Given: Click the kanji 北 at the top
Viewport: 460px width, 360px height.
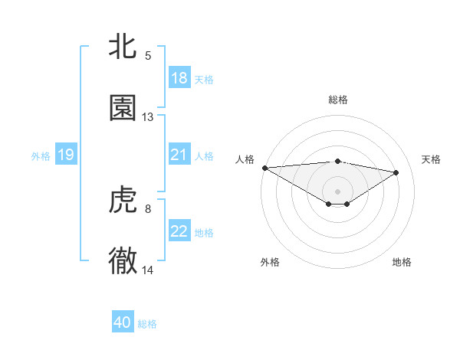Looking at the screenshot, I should [x=123, y=47].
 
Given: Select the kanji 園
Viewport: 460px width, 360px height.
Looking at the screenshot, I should [x=123, y=108].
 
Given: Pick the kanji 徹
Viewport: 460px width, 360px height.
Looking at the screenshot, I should [x=123, y=261].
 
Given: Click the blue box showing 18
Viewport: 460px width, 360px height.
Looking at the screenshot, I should [x=179, y=78].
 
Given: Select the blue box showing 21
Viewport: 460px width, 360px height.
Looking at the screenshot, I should [x=179, y=155].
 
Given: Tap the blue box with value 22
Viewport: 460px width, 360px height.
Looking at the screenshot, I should [x=179, y=231].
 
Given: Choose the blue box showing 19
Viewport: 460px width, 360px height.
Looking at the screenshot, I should [x=65, y=155].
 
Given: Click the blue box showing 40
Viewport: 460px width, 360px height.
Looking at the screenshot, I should [x=123, y=322].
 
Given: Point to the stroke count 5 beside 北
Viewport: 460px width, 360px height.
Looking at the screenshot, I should [x=148, y=56].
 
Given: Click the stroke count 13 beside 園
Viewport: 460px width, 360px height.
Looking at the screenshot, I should [x=148, y=117].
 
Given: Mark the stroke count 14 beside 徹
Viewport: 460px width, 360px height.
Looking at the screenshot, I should [x=148, y=270].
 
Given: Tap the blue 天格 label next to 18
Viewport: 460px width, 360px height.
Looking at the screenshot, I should [x=204, y=79].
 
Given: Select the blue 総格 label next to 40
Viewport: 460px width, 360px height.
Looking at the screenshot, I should [x=147, y=324].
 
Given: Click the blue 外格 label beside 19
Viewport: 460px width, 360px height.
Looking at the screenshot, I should [x=41, y=155].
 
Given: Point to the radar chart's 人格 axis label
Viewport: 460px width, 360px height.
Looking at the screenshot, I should [x=245, y=159].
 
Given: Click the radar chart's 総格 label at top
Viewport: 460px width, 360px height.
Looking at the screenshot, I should [x=338, y=100].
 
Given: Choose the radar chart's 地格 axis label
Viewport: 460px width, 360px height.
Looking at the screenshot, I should [x=402, y=262].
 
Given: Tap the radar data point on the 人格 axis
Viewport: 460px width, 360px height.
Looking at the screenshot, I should [x=264, y=168].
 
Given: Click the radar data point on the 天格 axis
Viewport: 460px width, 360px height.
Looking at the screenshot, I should [x=396, y=172].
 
